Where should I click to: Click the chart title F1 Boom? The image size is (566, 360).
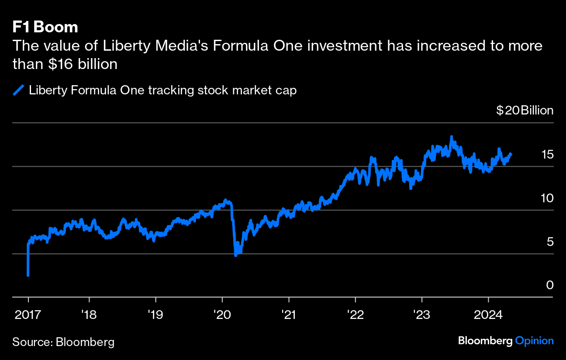(45, 27)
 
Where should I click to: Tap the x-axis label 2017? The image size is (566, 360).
(28, 314)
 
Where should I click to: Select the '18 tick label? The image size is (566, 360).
(89, 314)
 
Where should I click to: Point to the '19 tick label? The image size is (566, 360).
(155, 314)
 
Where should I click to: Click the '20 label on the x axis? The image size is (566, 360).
(222, 314)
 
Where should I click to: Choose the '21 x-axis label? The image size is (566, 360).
(289, 314)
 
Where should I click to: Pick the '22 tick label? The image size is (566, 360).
(355, 314)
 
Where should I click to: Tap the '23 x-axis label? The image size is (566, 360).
(422, 314)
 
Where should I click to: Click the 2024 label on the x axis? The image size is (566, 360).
(488, 314)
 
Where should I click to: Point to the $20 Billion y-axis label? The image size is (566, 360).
(525, 111)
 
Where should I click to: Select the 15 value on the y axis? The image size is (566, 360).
(547, 154)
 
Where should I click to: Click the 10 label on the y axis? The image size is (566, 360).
(547, 198)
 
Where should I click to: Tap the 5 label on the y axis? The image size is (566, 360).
(550, 242)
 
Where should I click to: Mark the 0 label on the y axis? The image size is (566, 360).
(550, 285)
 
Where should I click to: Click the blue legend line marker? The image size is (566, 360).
(18, 90)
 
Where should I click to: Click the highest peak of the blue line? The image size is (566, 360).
(452, 137)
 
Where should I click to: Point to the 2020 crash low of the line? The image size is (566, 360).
(236, 255)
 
